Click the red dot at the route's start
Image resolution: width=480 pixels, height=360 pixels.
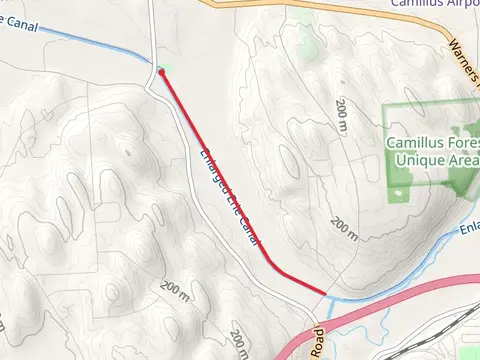[160, 72]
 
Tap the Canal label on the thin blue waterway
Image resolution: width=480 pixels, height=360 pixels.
[20, 22]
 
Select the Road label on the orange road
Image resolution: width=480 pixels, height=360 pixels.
[317, 342]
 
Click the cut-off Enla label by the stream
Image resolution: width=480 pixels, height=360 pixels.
[469, 231]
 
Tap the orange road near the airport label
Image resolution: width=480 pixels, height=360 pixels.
[300, 7]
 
